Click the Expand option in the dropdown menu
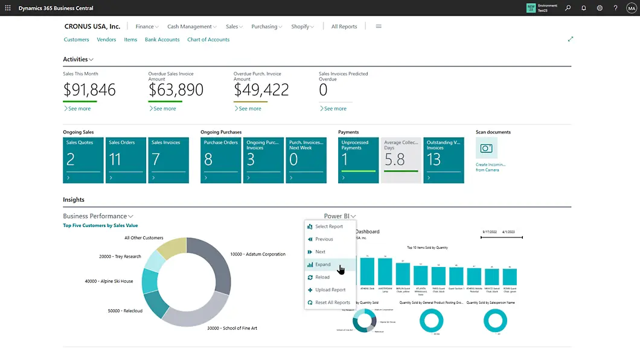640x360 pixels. click(x=323, y=265)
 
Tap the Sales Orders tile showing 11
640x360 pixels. click(x=126, y=160)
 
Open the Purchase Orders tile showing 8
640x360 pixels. click(x=220, y=160)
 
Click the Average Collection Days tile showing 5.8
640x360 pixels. click(x=401, y=160)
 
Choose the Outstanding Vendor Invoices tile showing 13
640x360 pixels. click(x=443, y=160)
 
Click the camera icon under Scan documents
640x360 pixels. click(x=486, y=148)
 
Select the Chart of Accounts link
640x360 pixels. click(x=208, y=40)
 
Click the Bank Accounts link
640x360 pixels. click(x=162, y=40)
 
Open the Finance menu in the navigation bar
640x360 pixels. click(x=147, y=27)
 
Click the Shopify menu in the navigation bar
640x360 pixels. click(x=302, y=27)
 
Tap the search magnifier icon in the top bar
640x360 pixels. click(x=568, y=8)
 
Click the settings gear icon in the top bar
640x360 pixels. click(x=600, y=8)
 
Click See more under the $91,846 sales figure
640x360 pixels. click(x=78, y=109)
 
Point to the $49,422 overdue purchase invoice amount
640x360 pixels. click(x=261, y=90)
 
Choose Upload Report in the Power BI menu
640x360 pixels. click(x=330, y=290)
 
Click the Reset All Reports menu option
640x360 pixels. click(x=332, y=303)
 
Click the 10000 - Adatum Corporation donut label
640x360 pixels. click(x=258, y=254)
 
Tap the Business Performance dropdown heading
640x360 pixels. click(x=98, y=216)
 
